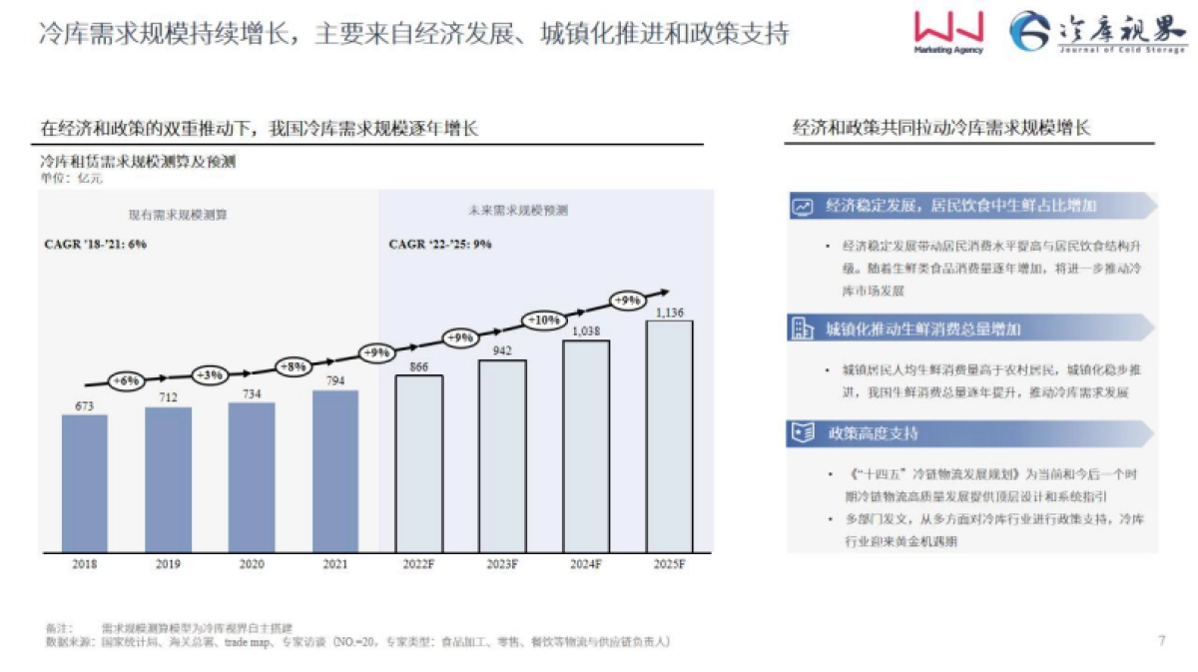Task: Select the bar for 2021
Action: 334,470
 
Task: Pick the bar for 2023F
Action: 502,455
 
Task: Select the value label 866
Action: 418,367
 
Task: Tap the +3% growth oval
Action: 210,374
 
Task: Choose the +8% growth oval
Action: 294,366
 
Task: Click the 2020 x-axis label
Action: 252,564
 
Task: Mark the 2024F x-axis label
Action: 585,564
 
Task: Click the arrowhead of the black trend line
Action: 662,292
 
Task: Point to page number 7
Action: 1160,640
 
